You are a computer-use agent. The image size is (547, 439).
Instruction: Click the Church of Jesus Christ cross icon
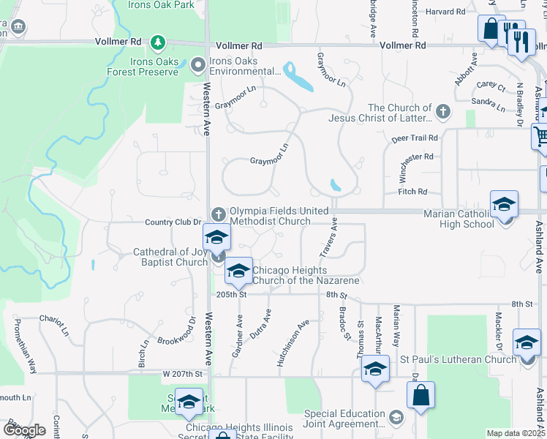pyautogui.click(x=442, y=113)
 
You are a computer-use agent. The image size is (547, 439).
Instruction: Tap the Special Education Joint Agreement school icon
pyautogui.click(x=396, y=418)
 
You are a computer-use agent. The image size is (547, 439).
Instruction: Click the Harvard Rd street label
pyautogui.click(x=445, y=12)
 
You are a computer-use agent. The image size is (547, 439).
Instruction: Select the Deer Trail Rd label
pyautogui.click(x=415, y=138)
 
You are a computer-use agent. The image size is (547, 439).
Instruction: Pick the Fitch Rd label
pyautogui.click(x=412, y=192)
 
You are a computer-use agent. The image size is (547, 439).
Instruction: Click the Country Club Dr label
pyautogui.click(x=173, y=222)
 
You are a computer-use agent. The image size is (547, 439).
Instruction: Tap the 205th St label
pyautogui.click(x=233, y=294)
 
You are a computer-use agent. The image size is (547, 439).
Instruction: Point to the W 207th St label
pyautogui.click(x=182, y=373)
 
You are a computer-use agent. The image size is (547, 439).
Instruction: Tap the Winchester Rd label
pyautogui.click(x=418, y=162)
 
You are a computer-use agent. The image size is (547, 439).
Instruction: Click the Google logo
pyautogui.click(x=24, y=429)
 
